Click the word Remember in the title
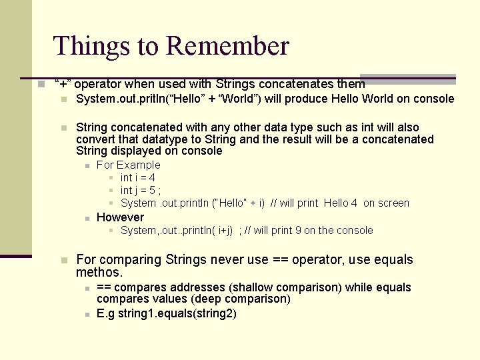227,46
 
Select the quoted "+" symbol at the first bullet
64,84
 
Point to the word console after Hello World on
433,99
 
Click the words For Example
129,165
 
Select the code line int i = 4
138,177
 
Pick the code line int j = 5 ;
141,190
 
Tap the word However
120,217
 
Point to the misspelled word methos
99,272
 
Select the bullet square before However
87,218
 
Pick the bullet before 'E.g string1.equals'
87,313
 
